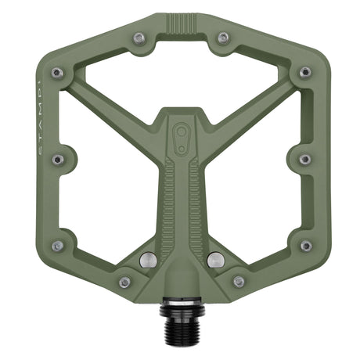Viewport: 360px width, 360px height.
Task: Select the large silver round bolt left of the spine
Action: (146, 259)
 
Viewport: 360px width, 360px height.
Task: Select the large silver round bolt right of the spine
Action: (216, 259)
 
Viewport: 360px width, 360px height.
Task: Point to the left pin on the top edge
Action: (139, 37)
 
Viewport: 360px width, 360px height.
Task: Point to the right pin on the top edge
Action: (223, 37)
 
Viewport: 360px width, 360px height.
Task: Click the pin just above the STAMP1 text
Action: (57, 73)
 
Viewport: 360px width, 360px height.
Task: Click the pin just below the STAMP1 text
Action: (57, 159)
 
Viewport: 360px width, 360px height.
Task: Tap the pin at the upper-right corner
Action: (304, 73)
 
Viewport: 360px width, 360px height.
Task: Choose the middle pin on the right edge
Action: (304, 159)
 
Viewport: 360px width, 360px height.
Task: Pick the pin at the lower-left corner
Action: (57, 246)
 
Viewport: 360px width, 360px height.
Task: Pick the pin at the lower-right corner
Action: (304, 246)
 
